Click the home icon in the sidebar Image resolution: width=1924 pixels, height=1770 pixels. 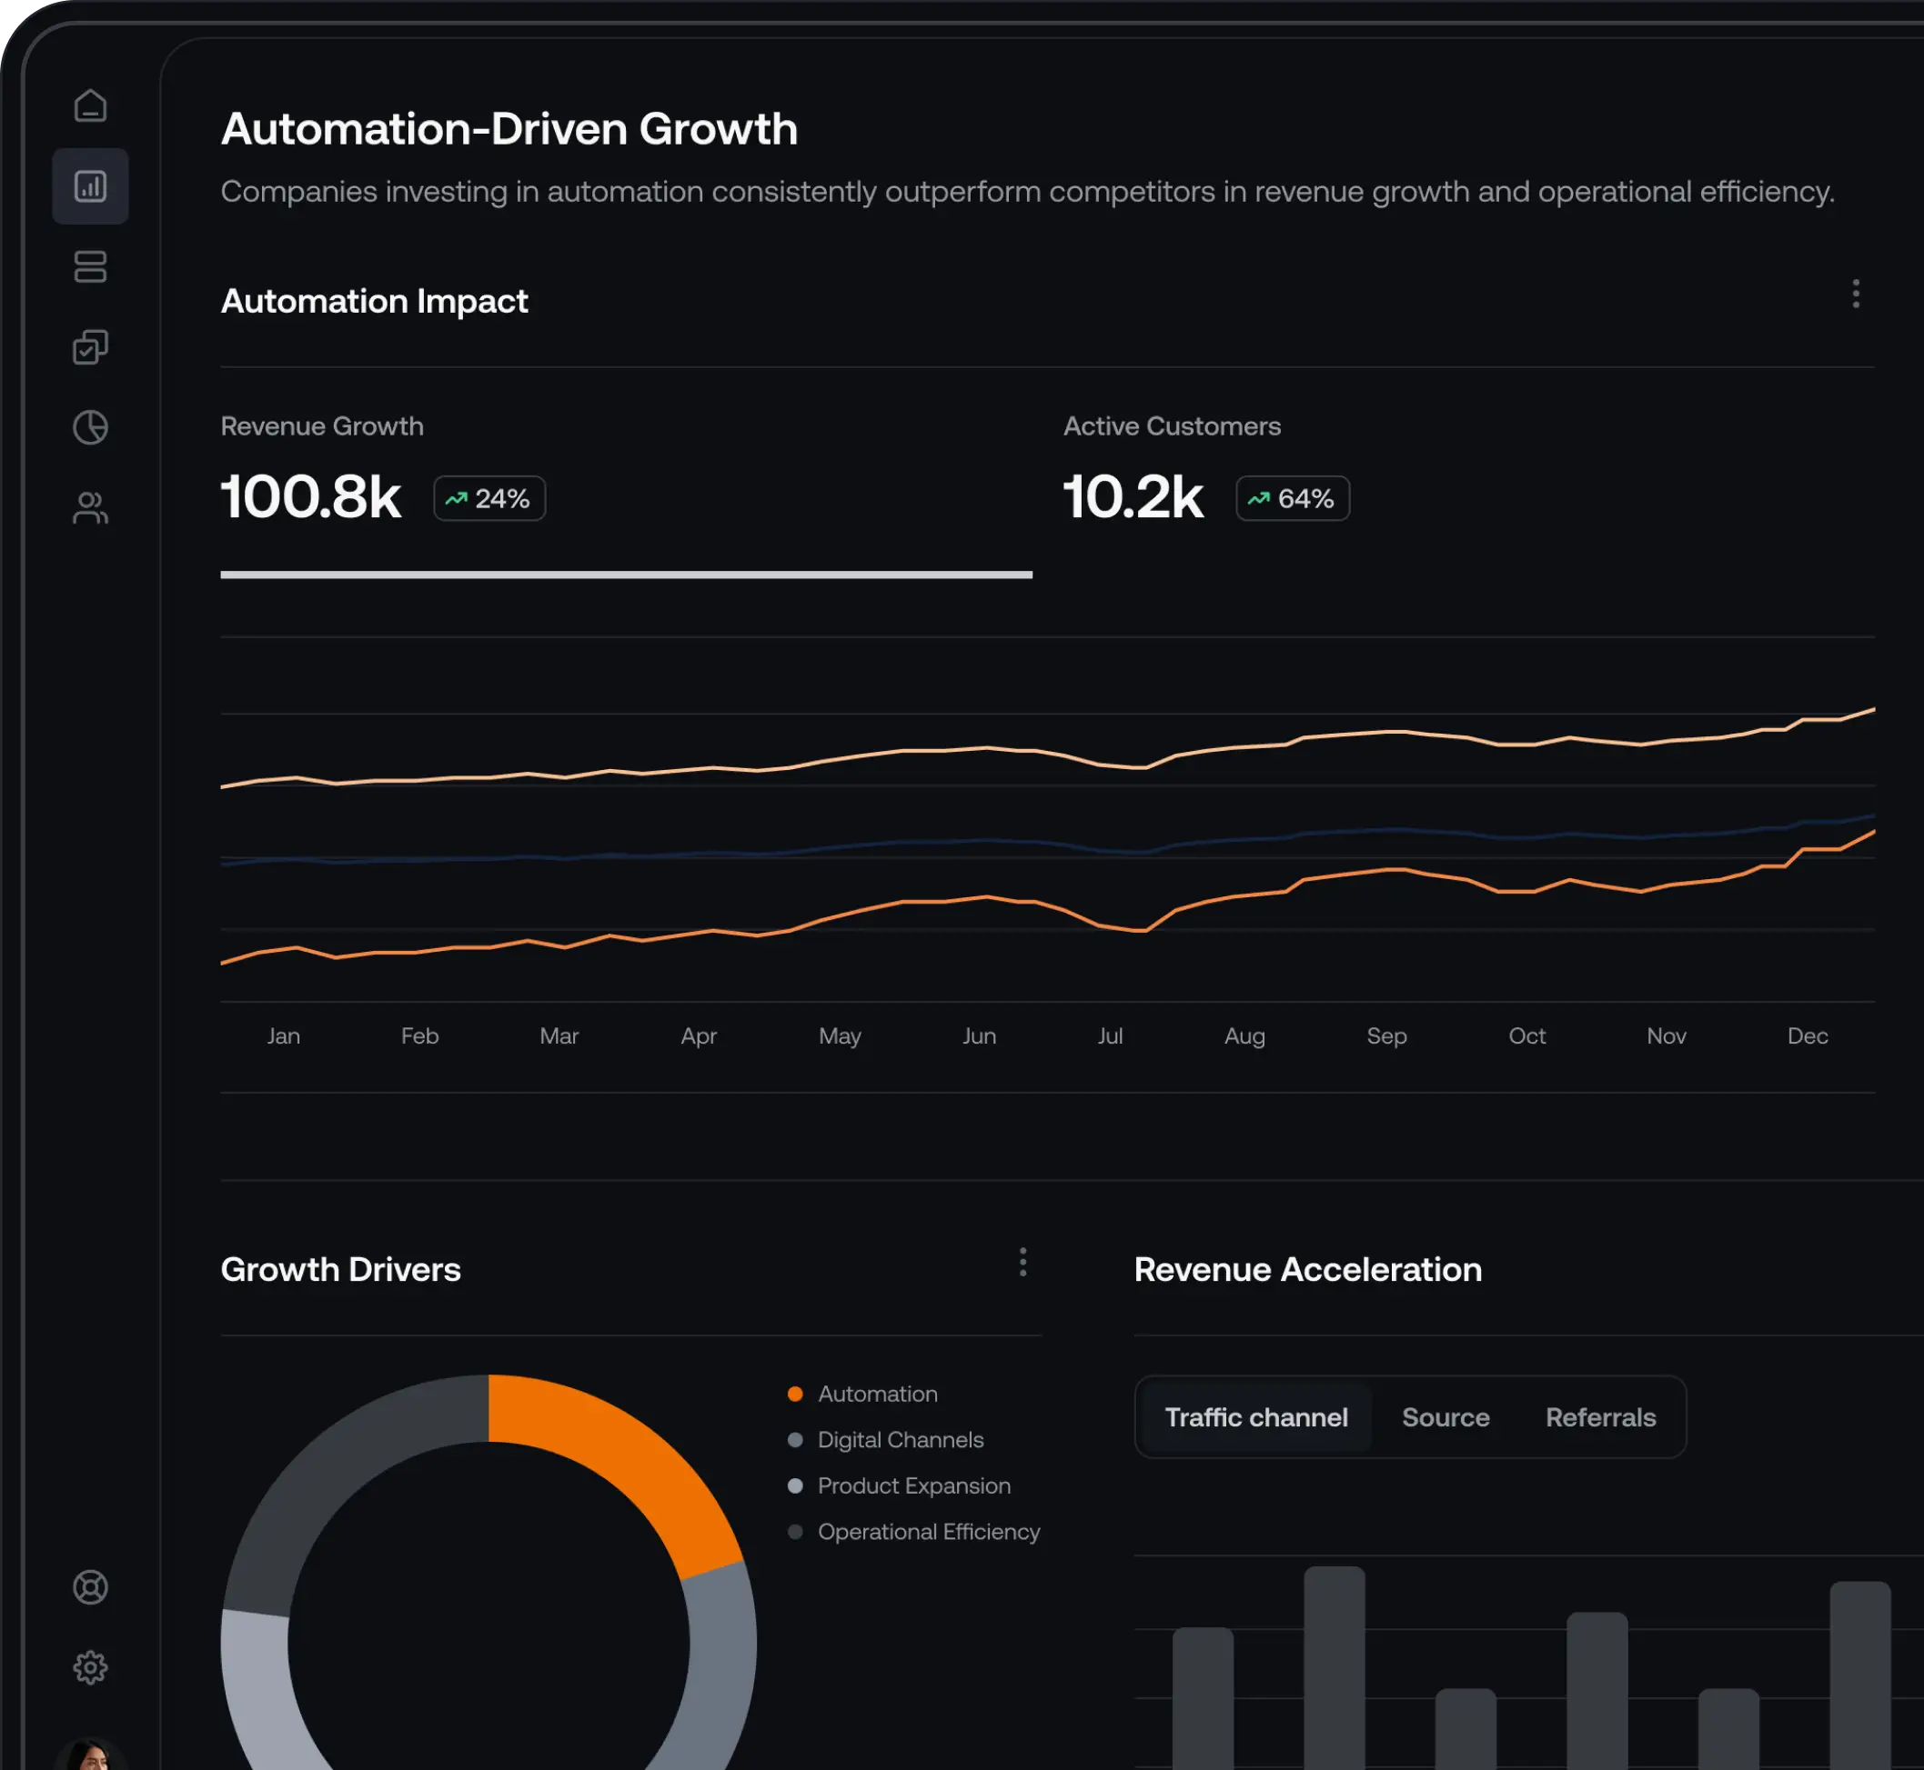90,105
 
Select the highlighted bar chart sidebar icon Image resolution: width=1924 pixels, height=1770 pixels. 90,185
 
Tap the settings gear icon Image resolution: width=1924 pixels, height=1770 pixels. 90,1667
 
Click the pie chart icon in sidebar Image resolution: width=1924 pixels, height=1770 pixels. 90,427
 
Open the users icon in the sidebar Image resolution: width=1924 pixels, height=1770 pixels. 90,507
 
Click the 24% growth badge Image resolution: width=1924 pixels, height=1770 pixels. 489,498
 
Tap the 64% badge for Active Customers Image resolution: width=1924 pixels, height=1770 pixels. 1293,498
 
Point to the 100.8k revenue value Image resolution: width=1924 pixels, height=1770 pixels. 310,497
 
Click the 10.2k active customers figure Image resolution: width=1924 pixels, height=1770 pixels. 1133,497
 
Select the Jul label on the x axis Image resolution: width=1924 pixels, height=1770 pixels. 1110,1035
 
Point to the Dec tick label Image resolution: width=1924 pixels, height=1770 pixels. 1807,1035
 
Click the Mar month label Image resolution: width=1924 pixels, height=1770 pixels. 559,1035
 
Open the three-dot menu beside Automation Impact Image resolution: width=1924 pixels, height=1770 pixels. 1856,293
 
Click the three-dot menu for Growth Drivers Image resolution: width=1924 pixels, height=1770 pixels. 1023,1263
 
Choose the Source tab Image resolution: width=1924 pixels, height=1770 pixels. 1445,1416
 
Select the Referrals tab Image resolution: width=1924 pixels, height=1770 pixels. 1600,1416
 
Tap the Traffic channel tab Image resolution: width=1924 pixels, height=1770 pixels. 1255,1416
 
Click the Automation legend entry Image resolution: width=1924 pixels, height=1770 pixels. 877,1394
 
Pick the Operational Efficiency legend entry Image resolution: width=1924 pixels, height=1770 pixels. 928,1532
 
